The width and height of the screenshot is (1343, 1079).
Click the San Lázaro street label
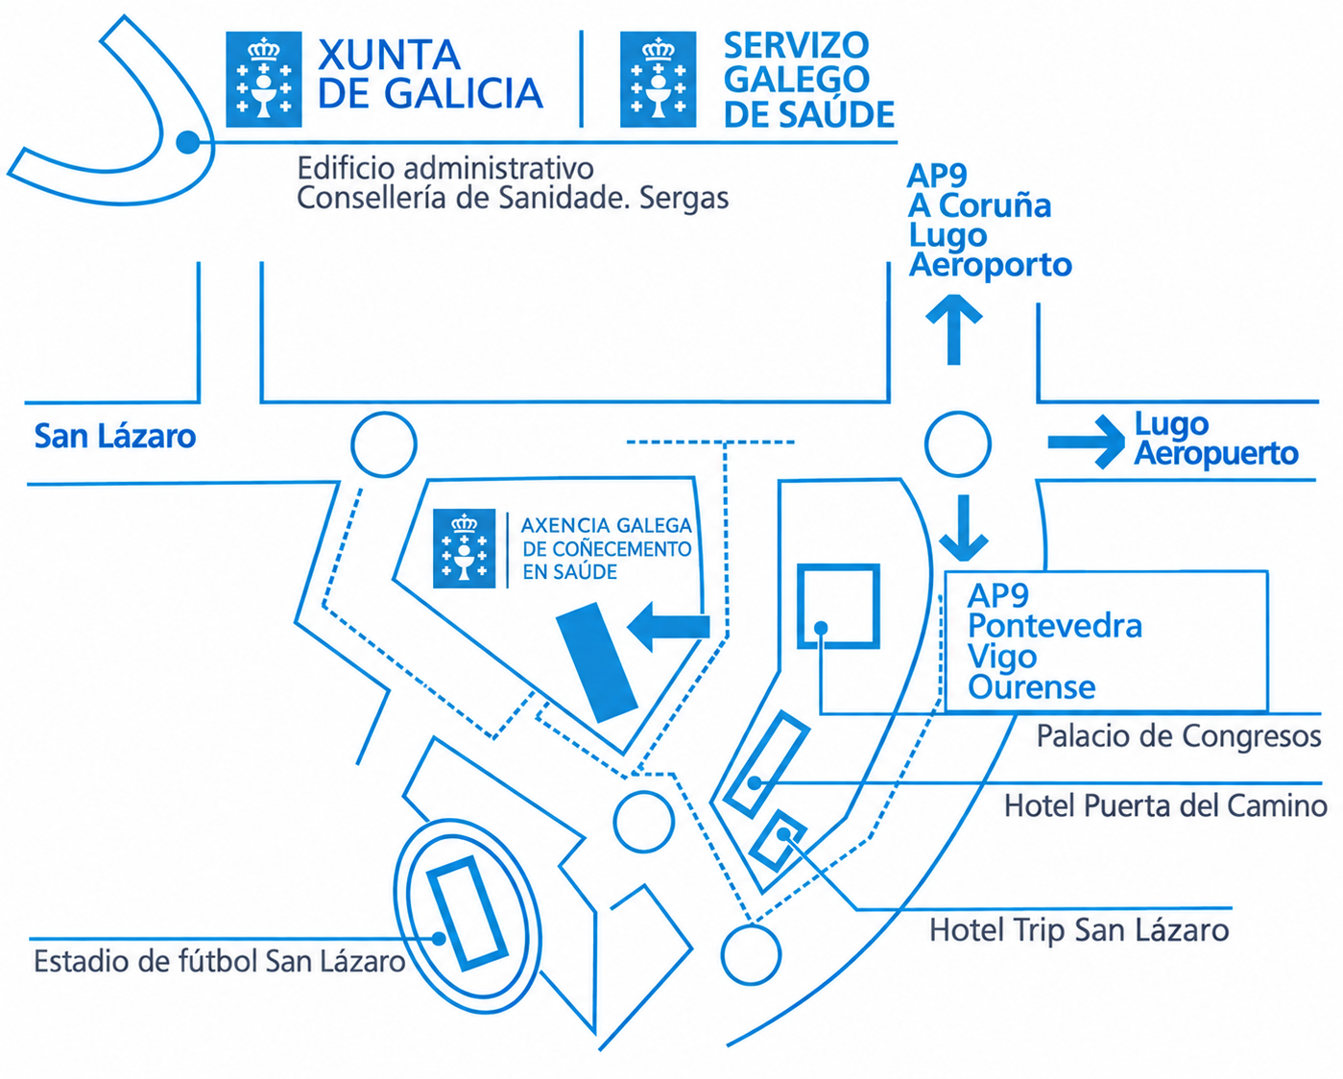(115, 436)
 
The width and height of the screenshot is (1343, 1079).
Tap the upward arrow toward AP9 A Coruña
(953, 329)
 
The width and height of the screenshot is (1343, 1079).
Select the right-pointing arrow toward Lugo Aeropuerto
(1086, 442)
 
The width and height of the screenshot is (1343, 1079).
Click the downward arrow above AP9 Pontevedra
(964, 528)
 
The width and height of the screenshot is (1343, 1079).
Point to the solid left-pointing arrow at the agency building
(668, 627)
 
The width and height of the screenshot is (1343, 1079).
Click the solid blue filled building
(596, 662)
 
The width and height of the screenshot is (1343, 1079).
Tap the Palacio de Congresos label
(1179, 736)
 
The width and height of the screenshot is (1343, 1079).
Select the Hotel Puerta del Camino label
(1165, 805)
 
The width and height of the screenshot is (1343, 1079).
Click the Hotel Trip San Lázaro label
(1079, 930)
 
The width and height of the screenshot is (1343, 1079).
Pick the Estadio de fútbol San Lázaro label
(220, 962)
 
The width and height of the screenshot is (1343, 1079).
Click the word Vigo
(1002, 658)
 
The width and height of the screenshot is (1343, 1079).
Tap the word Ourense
(1032, 687)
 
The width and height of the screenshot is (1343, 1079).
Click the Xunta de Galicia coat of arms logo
(264, 80)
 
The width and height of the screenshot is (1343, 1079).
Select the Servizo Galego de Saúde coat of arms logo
(658, 80)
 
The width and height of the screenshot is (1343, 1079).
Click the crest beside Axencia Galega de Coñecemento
(465, 548)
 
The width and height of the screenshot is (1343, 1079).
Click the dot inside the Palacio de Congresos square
(822, 628)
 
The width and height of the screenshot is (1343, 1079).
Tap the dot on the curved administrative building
(187, 142)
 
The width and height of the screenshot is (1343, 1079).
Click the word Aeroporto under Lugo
(991, 265)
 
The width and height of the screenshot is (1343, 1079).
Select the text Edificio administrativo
(445, 169)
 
